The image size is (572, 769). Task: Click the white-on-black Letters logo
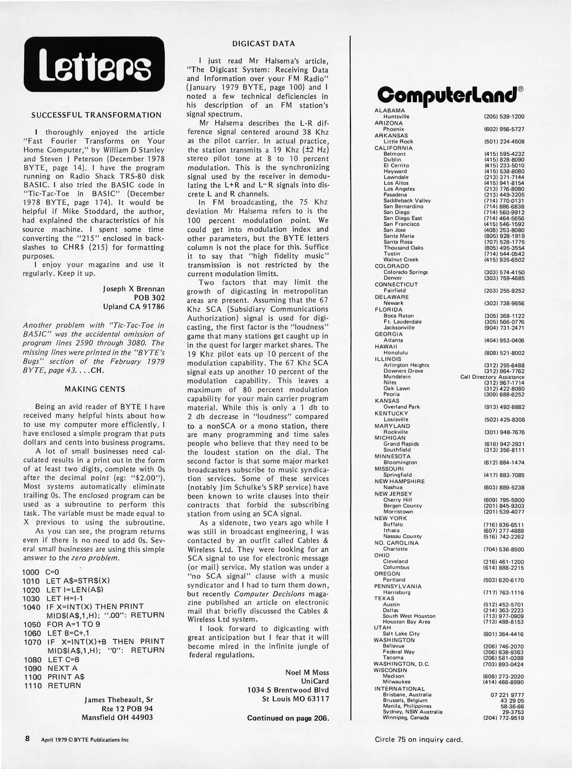pos(94,64)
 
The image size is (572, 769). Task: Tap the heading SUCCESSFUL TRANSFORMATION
pos(96,115)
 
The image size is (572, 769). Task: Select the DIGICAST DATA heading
pos(264,44)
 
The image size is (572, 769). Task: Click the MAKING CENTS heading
pos(95,389)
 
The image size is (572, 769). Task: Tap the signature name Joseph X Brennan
pos(134,289)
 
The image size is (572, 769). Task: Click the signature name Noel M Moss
pos(307,673)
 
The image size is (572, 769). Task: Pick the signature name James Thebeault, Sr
pos(119,700)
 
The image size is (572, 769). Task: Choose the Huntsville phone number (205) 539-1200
pos(504,117)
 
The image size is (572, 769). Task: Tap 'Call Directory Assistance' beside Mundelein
pos(492,377)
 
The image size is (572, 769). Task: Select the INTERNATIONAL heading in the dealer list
pos(399,689)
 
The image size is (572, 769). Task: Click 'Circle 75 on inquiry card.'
pos(419,739)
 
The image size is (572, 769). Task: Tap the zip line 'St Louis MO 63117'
pos(295,699)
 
